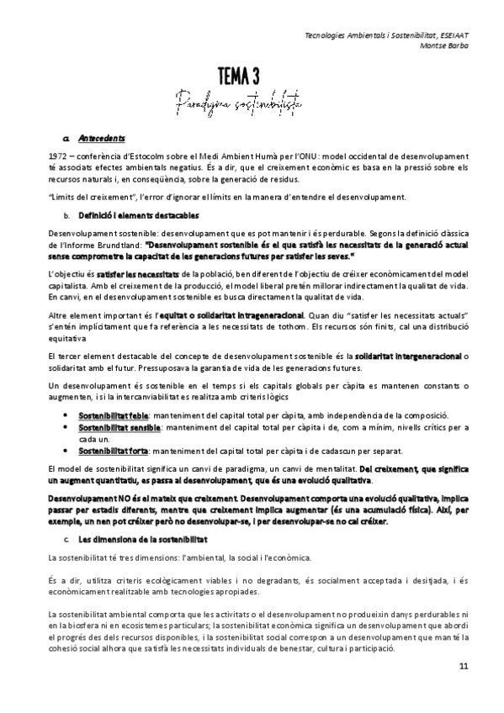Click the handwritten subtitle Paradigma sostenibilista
pos(252,105)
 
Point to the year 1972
pos(61,156)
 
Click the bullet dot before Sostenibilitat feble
pos(66,416)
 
